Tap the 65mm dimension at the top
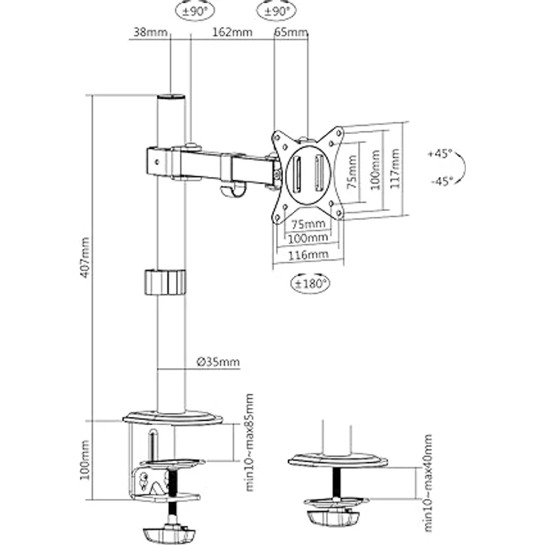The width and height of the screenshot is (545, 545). point(292,33)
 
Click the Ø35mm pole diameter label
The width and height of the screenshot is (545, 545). point(220,362)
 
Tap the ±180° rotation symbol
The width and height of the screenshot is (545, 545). point(307,282)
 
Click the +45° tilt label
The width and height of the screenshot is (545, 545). point(439,155)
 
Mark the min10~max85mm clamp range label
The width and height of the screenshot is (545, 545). point(249,442)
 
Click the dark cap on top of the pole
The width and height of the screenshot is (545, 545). point(171,98)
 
